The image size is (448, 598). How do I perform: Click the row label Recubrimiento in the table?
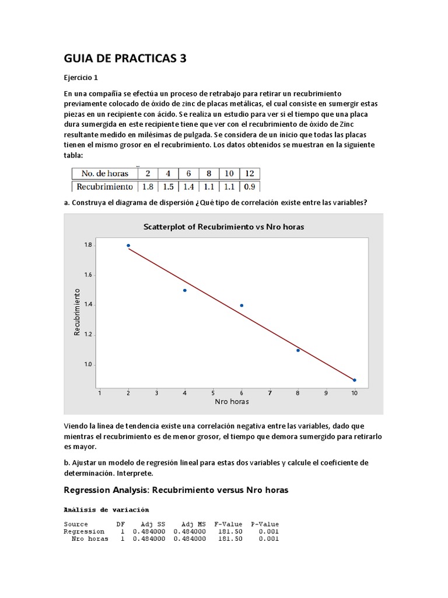click(103, 187)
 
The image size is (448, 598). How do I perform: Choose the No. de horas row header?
click(105, 173)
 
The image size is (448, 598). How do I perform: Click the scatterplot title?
click(223, 226)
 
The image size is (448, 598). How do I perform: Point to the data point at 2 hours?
click(128, 246)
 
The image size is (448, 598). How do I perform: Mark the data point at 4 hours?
click(185, 290)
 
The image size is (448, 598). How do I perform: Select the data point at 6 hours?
click(242, 305)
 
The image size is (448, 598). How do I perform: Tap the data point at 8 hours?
click(298, 350)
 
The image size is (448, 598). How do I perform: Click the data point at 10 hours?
click(355, 380)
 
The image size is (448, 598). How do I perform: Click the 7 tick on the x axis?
click(269, 393)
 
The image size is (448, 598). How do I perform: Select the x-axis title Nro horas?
click(232, 402)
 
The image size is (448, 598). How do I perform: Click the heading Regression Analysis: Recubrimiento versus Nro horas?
click(176, 490)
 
